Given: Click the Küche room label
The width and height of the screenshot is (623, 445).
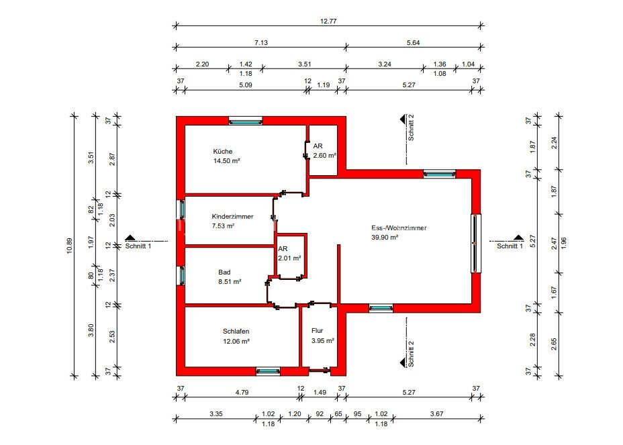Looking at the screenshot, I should click(222, 151).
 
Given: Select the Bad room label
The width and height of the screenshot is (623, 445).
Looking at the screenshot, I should click(224, 272).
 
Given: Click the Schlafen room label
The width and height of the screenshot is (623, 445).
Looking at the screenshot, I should click(236, 331).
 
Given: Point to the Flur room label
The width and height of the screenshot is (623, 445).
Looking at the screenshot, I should click(318, 330).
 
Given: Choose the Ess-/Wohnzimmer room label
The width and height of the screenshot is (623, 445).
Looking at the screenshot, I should click(399, 228).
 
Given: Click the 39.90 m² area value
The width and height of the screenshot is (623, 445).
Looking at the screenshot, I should click(385, 237).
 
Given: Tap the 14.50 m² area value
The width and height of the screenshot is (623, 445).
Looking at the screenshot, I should click(227, 161).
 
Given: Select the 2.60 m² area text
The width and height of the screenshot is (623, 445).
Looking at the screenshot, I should click(324, 155).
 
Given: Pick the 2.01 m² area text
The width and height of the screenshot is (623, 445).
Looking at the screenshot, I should click(289, 257).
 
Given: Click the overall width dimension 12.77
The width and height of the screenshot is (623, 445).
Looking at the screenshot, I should click(328, 21).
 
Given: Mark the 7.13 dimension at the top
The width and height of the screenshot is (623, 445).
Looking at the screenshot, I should click(260, 42).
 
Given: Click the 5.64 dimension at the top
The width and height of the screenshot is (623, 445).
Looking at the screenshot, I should click(413, 42).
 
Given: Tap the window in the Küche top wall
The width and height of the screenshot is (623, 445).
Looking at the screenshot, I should click(245, 121).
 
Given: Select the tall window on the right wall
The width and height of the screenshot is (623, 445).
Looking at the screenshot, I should click(476, 243).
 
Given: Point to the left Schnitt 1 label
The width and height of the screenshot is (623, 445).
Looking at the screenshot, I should click(138, 246).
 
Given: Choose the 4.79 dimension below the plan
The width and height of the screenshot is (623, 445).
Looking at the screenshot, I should click(242, 388).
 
